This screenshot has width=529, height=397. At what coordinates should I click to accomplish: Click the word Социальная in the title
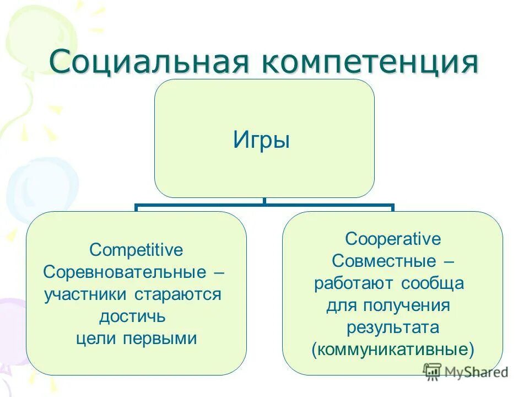point(149,62)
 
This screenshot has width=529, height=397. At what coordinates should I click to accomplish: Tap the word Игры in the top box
point(261,140)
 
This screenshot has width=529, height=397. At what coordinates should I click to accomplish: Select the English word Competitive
point(136,250)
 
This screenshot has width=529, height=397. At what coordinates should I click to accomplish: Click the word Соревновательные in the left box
point(125,272)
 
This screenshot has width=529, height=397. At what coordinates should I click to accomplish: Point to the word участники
point(87,294)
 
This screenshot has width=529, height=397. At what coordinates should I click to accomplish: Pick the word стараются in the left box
point(178,294)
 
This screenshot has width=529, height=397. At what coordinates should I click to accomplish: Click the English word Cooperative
point(393,239)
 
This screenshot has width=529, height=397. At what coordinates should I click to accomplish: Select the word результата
point(393,328)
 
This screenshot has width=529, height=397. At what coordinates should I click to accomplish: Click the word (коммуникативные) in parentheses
point(393,350)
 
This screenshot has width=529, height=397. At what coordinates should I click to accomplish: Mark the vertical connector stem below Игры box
point(264,202)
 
